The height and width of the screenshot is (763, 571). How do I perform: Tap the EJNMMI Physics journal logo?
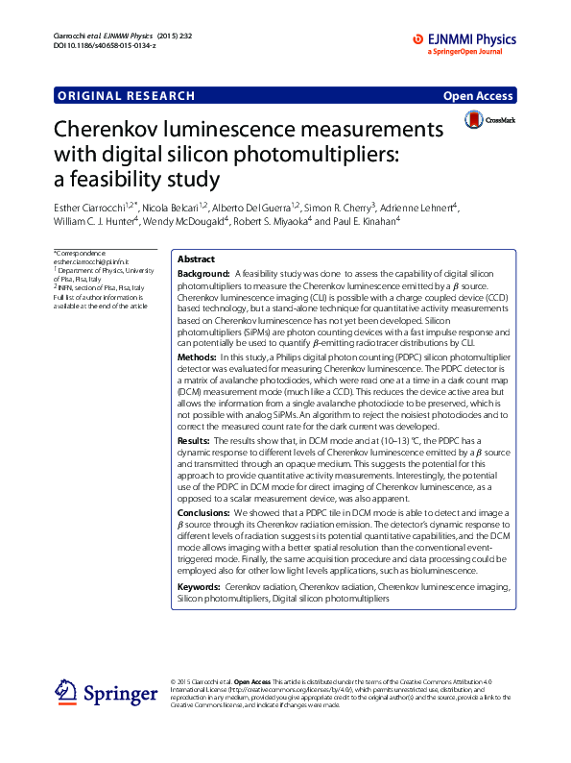(464, 39)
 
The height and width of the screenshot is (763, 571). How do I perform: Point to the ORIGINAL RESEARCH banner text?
(126, 95)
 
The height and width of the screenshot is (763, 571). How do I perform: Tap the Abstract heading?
(196, 259)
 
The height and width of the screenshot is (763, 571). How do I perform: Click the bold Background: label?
(202, 273)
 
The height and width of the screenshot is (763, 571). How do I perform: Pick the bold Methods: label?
(197, 357)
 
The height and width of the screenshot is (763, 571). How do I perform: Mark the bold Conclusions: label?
(204, 512)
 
